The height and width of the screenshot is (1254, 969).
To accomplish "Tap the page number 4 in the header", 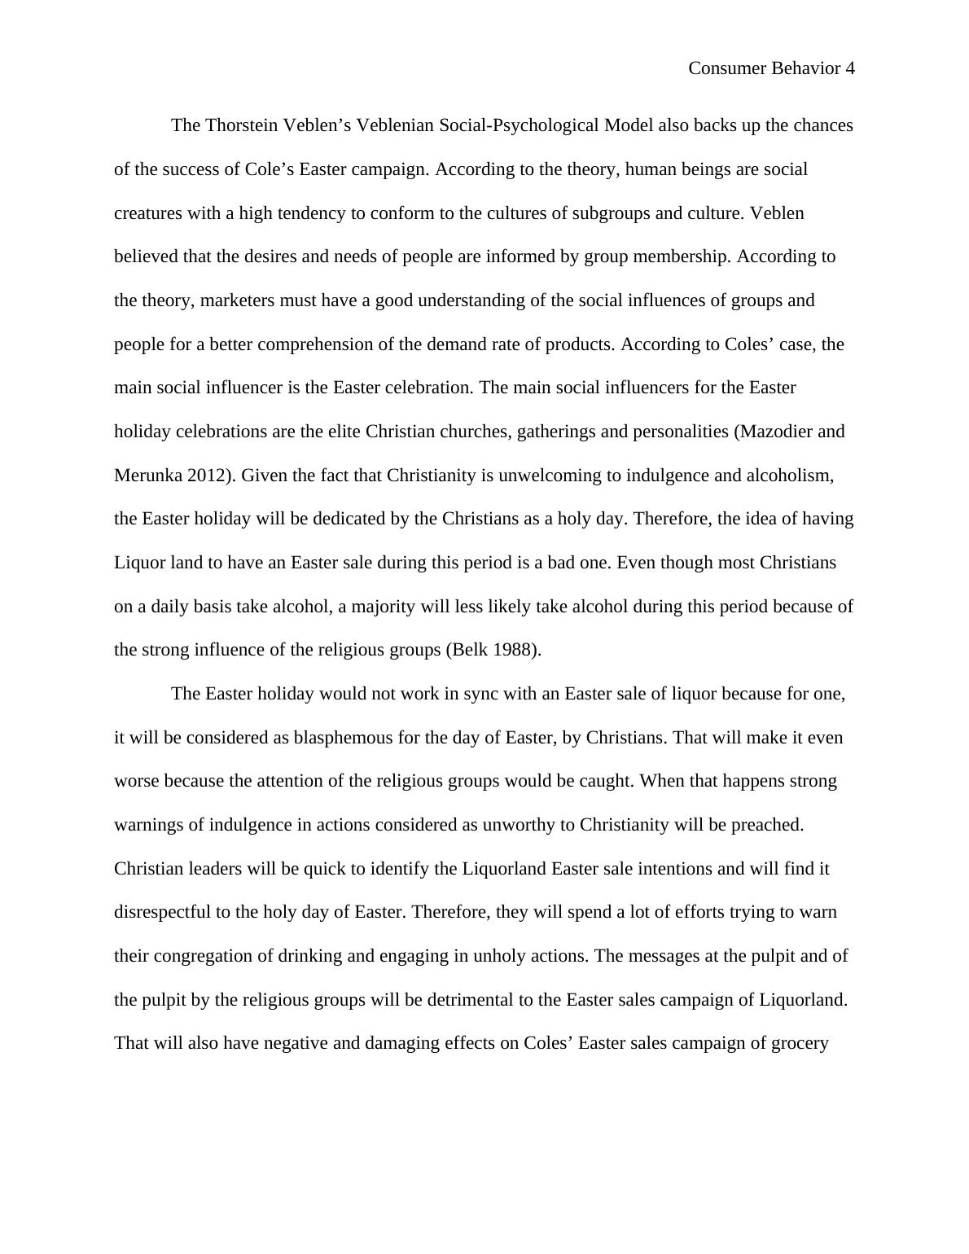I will [850, 68].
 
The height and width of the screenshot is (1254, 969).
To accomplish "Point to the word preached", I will [770, 825].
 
